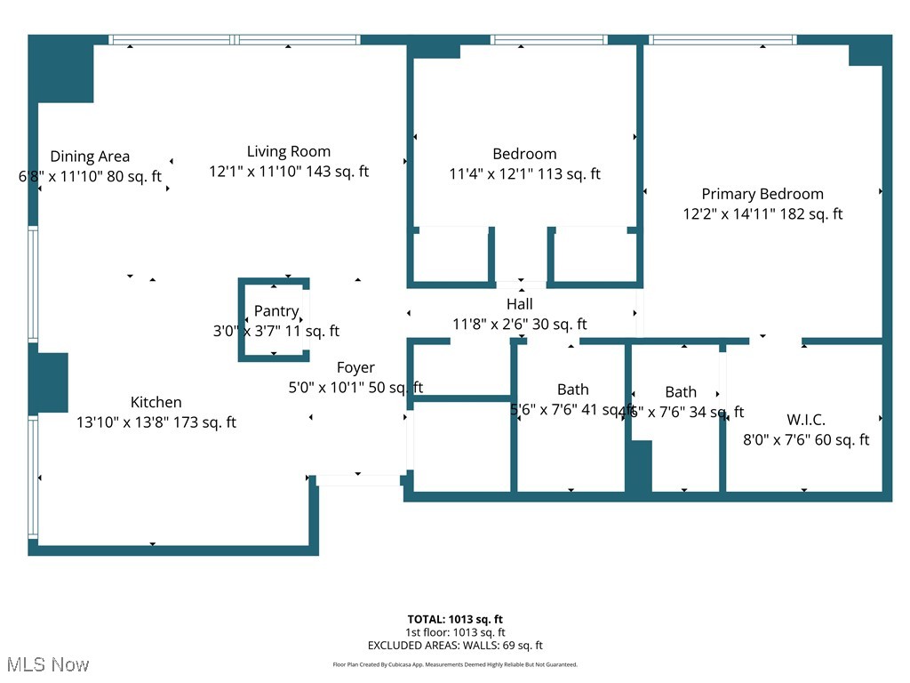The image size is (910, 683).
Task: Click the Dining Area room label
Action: tap(90, 157)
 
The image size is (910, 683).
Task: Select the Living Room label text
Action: tap(289, 151)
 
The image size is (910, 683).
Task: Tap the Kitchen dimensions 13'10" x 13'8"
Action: tap(156, 422)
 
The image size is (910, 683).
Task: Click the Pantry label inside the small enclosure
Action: tap(275, 311)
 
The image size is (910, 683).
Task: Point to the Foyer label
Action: tap(355, 367)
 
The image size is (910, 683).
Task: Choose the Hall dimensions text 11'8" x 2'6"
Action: tap(520, 325)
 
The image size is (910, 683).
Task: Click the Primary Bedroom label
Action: tap(762, 194)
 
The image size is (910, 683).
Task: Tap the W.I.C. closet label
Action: tap(806, 420)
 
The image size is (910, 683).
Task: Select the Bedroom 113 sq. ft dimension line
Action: tap(524, 174)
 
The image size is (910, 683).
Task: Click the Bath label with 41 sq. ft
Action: tap(572, 390)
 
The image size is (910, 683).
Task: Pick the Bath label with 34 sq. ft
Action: tap(681, 392)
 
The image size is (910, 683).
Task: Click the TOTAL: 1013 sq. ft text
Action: tap(455, 619)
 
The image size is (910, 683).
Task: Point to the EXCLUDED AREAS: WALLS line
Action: tap(455, 646)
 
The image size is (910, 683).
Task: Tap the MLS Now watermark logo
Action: tap(47, 664)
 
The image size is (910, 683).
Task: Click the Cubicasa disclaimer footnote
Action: tap(455, 664)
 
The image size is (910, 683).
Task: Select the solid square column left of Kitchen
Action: tap(52, 382)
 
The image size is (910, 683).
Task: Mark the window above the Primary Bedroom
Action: tap(722, 40)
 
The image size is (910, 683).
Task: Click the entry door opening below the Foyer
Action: tap(358, 480)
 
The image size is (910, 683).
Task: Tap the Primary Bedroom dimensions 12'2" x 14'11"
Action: tap(762, 214)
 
